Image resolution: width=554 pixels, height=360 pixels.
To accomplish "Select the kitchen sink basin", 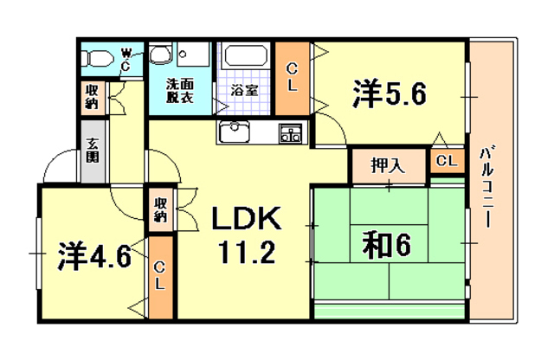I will [234, 133].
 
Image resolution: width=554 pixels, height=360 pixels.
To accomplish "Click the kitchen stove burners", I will [290, 133].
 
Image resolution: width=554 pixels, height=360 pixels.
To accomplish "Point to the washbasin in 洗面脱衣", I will [160, 56].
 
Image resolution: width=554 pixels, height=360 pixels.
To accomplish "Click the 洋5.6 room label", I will [389, 94].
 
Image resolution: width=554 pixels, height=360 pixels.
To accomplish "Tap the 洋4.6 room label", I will [95, 256].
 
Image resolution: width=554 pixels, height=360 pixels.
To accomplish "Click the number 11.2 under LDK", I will [245, 254].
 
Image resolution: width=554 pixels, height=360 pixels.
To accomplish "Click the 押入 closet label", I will [388, 165].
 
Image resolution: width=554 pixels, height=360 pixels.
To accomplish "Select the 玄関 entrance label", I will [93, 151].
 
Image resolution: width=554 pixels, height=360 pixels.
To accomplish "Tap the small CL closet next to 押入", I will [447, 161].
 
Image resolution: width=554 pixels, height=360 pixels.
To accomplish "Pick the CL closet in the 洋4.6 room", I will [160, 276].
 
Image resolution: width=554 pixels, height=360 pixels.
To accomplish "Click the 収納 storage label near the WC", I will [93, 96].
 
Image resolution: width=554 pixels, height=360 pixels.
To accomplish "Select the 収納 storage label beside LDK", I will [161, 209].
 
